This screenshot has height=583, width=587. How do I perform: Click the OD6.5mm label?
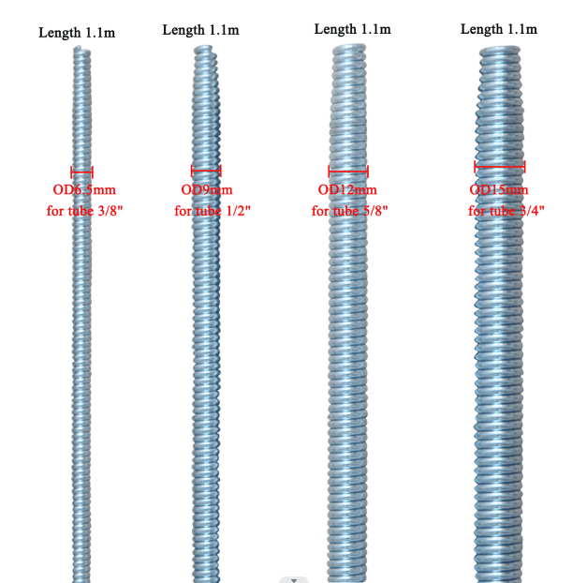[x=84, y=189]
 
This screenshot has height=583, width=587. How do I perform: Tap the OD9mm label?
[x=207, y=189]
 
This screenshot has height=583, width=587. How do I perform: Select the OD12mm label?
[x=347, y=189]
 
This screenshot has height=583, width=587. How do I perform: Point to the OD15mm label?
[x=499, y=189]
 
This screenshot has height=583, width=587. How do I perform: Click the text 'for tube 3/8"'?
[x=84, y=211]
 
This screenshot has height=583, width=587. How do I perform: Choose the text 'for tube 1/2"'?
[x=213, y=211]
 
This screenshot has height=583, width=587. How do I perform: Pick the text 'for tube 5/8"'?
[x=349, y=211]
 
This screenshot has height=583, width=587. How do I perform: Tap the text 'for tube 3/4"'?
[x=506, y=211]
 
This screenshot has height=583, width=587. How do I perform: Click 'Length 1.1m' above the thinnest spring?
[x=77, y=33]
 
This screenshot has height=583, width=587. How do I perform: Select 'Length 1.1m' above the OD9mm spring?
[x=200, y=30]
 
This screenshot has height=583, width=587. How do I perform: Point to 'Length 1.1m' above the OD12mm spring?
[x=353, y=29]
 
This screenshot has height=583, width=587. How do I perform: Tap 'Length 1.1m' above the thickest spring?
[x=499, y=29]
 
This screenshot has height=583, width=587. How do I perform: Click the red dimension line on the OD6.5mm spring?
[x=82, y=172]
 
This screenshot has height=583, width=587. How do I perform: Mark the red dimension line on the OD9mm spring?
[x=206, y=171]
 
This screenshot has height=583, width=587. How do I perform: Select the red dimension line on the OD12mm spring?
[x=348, y=172]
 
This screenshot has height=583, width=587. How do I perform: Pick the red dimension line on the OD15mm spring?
[x=500, y=167]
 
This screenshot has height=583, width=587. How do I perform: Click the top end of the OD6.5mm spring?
[x=81, y=49]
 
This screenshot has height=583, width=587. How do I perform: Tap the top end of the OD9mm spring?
[x=204, y=49]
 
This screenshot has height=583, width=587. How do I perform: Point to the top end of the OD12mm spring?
[x=349, y=48]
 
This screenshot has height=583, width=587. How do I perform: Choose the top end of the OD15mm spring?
[x=500, y=50]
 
